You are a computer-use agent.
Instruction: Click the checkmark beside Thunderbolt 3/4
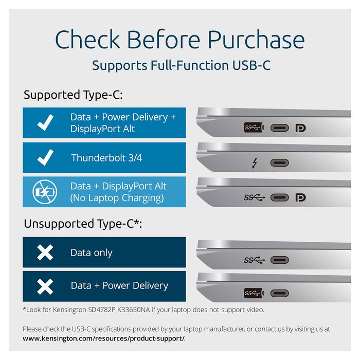[x=45, y=157]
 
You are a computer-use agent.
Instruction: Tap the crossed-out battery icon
[x=43, y=192]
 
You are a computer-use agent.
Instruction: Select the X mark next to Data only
[x=45, y=253]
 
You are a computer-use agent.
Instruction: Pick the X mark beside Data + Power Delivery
[x=45, y=285]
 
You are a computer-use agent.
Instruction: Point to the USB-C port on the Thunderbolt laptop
[x=280, y=163]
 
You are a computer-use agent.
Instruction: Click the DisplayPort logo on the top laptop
[x=300, y=128]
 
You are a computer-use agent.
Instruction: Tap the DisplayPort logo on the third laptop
[x=300, y=197]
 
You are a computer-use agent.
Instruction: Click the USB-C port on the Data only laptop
[x=280, y=260]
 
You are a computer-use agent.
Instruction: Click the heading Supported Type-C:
[x=73, y=95]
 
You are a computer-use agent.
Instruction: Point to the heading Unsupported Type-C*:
[x=82, y=224]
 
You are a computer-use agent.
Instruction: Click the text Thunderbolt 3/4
[x=106, y=157]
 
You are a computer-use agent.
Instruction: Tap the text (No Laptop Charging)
[x=117, y=198]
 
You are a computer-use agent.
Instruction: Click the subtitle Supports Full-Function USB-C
[x=181, y=65]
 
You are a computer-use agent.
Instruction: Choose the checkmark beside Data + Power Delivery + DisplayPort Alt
[x=45, y=123]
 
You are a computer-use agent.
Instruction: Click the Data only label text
[x=91, y=253]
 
